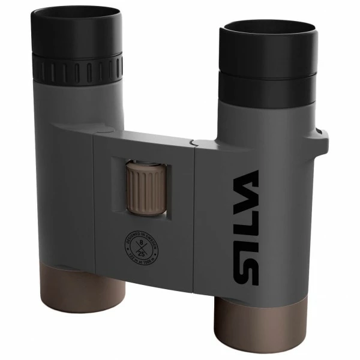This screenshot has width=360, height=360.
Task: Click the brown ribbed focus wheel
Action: tap(145, 187)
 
